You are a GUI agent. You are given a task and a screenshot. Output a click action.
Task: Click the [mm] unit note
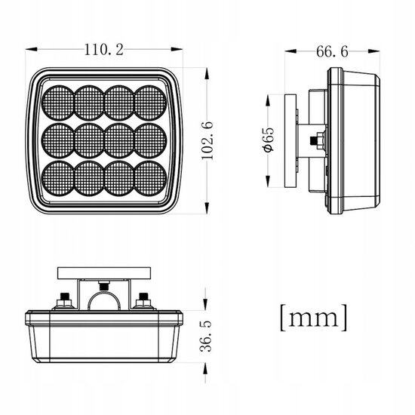point(313,316)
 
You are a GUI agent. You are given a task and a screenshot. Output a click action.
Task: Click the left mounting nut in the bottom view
point(66,300)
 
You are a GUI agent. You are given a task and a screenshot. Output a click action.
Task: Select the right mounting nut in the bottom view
point(143,300)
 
